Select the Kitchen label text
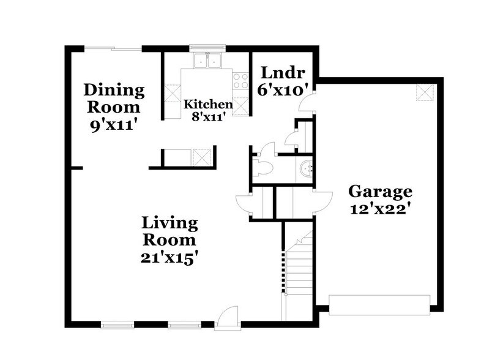tap(208, 104)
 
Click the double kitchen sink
tap(207, 61)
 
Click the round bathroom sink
tap(305, 167)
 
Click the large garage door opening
tap(379, 304)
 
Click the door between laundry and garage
tap(306, 102)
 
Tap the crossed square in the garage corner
tap(424, 92)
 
